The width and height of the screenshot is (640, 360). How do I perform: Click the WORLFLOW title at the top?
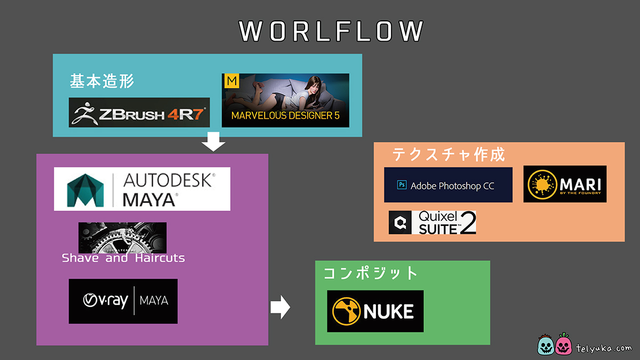tap(331, 31)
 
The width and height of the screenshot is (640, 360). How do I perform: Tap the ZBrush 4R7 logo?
tap(139, 113)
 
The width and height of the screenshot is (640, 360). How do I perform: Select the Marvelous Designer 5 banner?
tap(285, 100)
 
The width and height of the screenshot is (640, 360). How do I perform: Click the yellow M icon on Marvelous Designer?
tap(231, 81)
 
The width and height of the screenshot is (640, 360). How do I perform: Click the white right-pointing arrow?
tap(279, 307)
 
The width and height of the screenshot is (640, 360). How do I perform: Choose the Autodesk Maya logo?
tap(142, 189)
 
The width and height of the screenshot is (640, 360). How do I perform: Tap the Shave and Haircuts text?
tap(123, 258)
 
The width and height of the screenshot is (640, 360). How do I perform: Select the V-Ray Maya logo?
tap(123, 301)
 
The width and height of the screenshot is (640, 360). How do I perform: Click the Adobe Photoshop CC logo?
tap(448, 185)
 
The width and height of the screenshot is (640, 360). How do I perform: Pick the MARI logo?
tap(565, 184)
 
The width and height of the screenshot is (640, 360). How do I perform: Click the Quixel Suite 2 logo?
tap(433, 222)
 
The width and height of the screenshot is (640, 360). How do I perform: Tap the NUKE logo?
tap(375, 311)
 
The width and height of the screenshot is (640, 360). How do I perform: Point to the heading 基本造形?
tap(102, 82)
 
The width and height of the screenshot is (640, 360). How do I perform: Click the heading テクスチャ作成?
tap(449, 155)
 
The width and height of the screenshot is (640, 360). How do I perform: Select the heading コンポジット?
tap(371, 273)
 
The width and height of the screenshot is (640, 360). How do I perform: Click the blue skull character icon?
tap(547, 345)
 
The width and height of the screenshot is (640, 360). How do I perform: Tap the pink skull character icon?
tap(564, 345)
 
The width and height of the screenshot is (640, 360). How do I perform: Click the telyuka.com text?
tap(604, 348)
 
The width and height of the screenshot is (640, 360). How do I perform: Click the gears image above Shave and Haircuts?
tap(122, 237)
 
